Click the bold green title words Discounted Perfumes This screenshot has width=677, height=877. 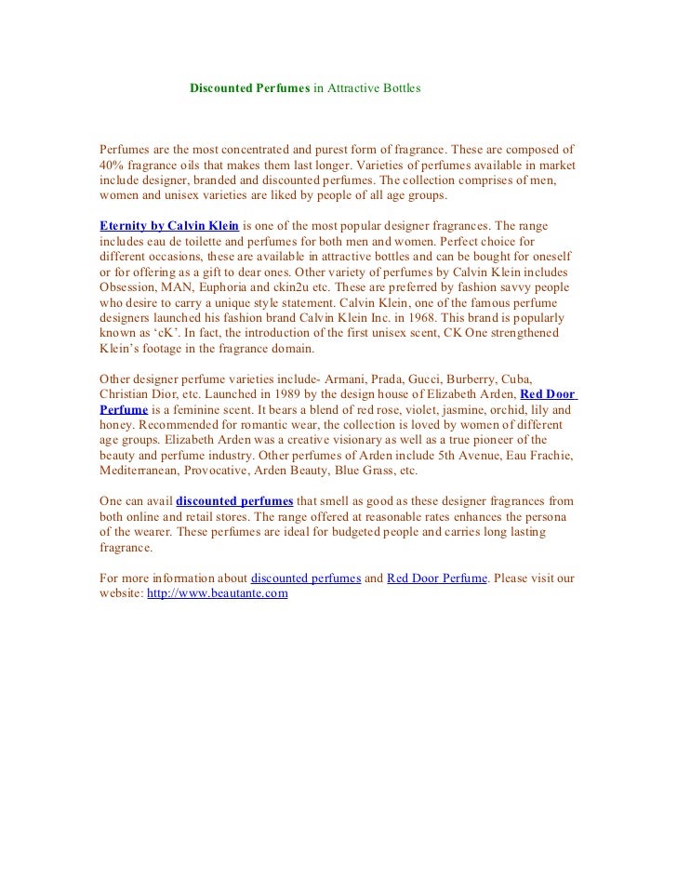coord(249,88)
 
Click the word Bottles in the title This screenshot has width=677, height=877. coord(398,88)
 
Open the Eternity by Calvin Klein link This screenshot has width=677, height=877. coord(169,226)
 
